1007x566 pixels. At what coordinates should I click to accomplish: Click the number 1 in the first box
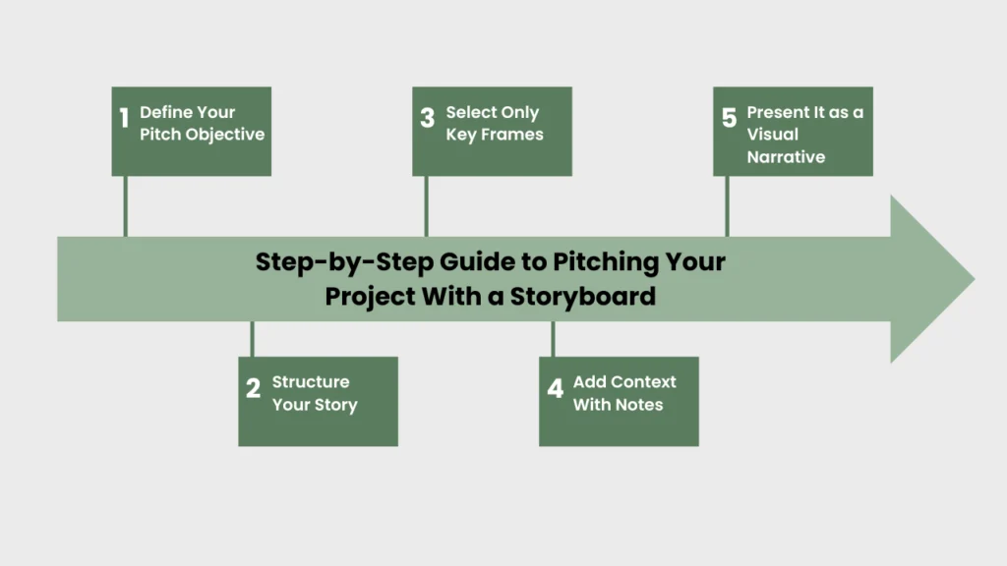point(124,119)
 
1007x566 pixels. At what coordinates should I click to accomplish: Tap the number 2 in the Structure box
point(253,389)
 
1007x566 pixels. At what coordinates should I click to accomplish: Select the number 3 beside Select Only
point(427,119)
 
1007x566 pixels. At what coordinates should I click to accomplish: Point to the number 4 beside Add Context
point(555,389)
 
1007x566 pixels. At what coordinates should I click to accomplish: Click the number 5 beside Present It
point(729,119)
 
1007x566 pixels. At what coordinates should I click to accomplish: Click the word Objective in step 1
point(227,135)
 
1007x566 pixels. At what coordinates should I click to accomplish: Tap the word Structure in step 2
point(311,381)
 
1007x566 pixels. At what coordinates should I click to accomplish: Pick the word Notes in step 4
point(639,405)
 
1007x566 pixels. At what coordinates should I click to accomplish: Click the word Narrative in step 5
point(786,157)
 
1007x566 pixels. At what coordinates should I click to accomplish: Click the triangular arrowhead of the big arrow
point(929,279)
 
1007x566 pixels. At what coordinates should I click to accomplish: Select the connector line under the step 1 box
point(125,206)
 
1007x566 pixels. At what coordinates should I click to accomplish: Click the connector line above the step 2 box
point(253,339)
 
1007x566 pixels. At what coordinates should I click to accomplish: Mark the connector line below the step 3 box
point(426,206)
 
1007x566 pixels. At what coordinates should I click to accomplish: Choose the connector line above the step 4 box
point(553,339)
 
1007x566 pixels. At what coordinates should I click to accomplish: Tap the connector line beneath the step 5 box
point(727,206)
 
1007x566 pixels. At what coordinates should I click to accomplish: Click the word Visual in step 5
point(773,135)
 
